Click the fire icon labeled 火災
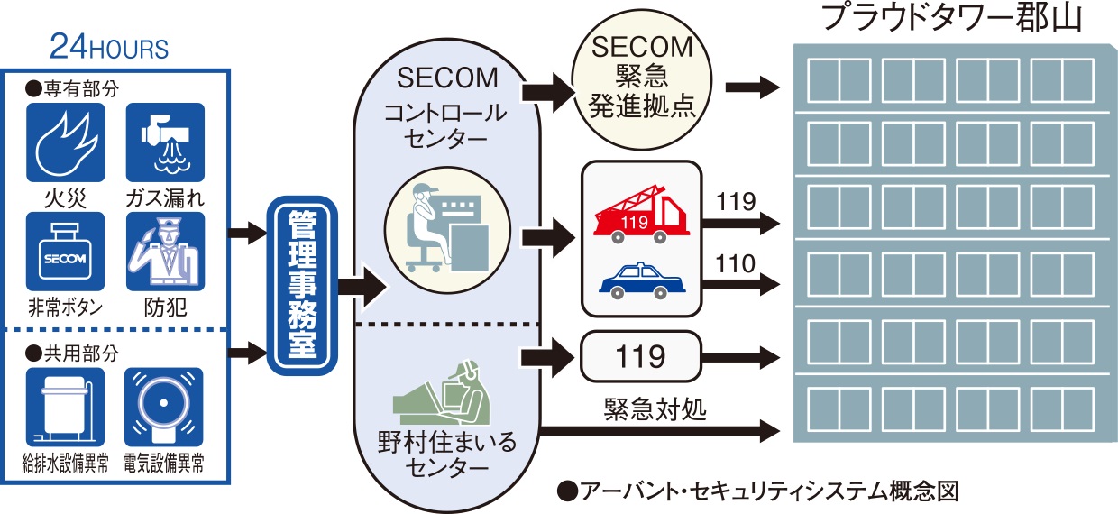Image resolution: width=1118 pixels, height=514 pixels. pos(65,142)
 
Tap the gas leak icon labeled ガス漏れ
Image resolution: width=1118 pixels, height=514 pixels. pos(164,142)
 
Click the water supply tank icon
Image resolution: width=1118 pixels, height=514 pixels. pos(65,406)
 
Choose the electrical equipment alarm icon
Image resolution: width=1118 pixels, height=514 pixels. pos(163,406)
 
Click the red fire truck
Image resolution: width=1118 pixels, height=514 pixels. pos(641,217)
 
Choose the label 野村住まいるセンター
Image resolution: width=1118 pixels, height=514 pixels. pos(448,454)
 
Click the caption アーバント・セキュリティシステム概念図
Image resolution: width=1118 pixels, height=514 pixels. pos(757,491)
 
